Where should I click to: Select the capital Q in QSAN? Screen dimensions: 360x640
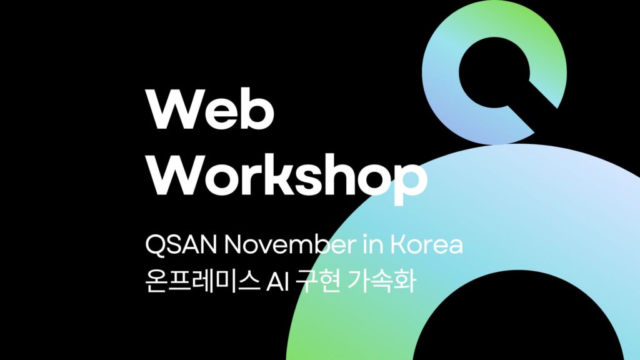click(154, 245)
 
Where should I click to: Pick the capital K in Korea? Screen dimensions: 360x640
click(398, 245)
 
